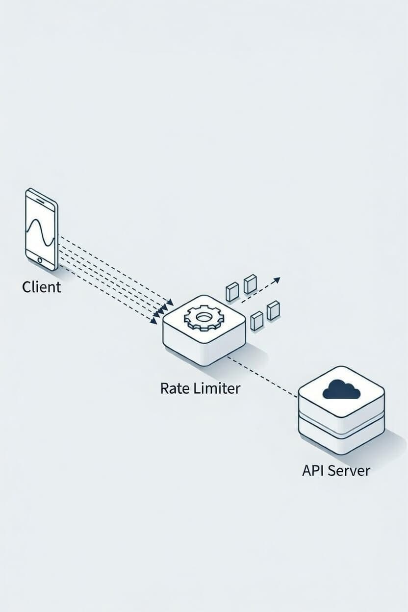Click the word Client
tap(42, 287)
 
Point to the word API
tap(313, 470)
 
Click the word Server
tap(349, 470)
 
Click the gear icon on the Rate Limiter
tap(203, 317)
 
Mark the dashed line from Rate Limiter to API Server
tap(265, 378)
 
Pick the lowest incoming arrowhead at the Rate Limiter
tap(154, 321)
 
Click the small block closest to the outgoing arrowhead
tap(250, 284)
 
